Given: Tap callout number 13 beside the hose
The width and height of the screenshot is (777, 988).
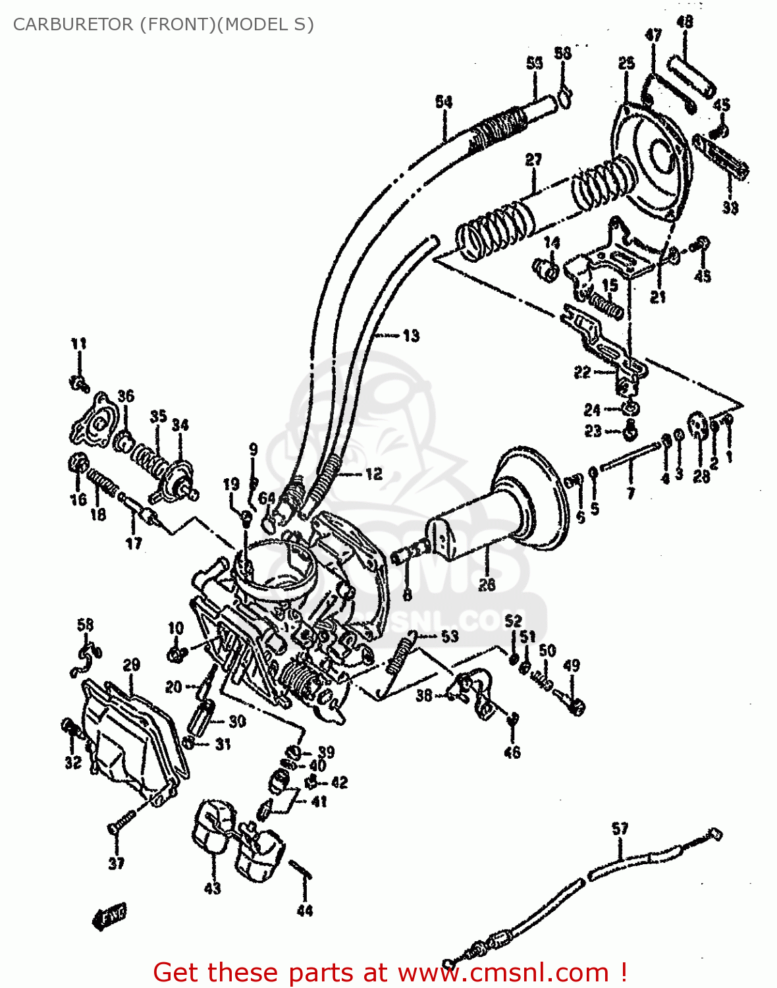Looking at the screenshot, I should (411, 336).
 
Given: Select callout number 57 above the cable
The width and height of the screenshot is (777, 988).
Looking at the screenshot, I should (620, 829).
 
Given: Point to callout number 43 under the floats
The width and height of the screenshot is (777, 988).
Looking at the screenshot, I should (212, 889).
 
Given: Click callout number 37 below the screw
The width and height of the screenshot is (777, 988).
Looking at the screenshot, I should (116, 863).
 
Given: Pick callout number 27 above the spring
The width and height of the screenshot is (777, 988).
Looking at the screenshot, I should (533, 159).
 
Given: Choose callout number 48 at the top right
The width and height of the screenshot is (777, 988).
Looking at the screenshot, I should (685, 22).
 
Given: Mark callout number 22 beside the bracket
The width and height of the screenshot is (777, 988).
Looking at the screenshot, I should (582, 373).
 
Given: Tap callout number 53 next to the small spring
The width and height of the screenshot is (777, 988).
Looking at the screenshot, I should (450, 636).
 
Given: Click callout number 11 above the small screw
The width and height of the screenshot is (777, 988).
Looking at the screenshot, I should (78, 343).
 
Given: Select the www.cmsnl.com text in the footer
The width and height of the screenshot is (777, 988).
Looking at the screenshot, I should (504, 972).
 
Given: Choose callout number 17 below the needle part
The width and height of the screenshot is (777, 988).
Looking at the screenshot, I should (134, 543).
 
